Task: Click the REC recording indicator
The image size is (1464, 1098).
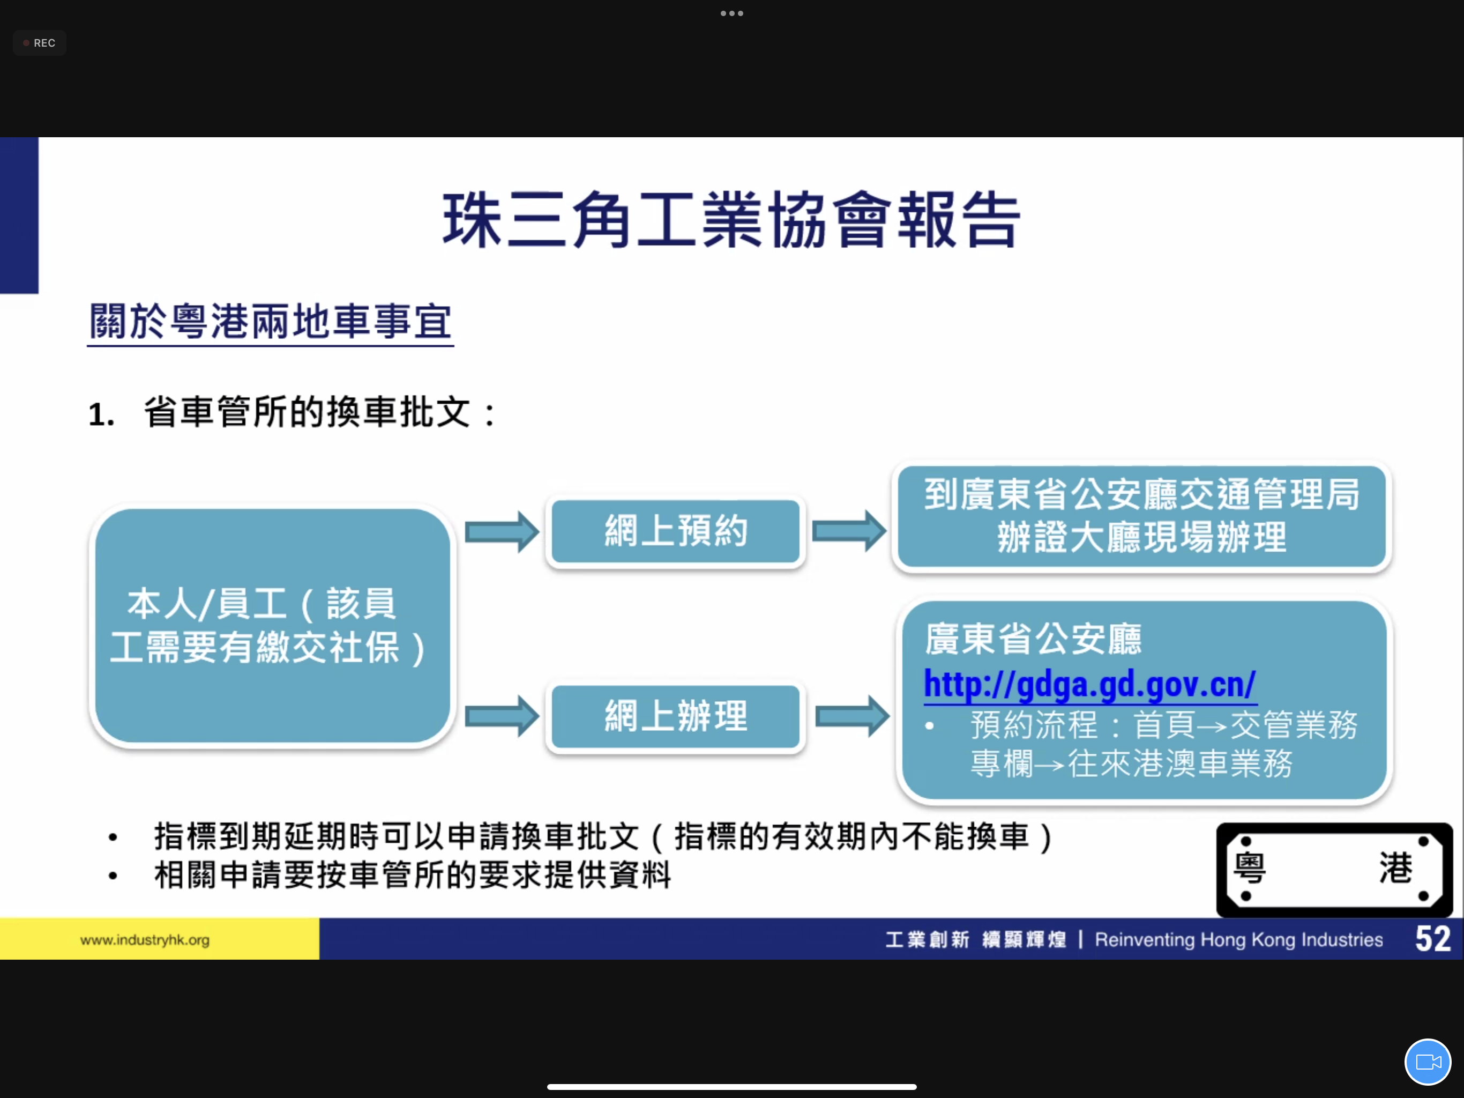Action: (x=39, y=43)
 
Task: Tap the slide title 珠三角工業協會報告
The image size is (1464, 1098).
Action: (x=731, y=220)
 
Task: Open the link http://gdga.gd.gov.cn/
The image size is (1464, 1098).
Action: (x=1089, y=684)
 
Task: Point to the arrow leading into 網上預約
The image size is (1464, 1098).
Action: (x=502, y=531)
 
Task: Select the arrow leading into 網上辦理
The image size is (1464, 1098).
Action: (x=502, y=716)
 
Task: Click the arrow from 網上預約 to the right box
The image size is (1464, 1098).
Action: (x=849, y=530)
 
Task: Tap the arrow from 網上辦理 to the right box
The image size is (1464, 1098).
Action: (x=853, y=716)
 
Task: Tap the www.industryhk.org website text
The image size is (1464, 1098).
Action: (x=145, y=940)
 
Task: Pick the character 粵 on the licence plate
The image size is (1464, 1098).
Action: (x=1250, y=868)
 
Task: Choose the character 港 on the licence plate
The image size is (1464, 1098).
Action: (x=1396, y=868)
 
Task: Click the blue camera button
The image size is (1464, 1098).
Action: (x=1428, y=1062)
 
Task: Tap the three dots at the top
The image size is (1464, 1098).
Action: (x=732, y=13)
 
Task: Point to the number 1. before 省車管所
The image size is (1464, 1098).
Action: (x=101, y=415)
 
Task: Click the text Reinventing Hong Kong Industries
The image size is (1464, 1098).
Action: (x=1238, y=940)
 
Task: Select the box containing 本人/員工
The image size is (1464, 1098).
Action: (x=272, y=626)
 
